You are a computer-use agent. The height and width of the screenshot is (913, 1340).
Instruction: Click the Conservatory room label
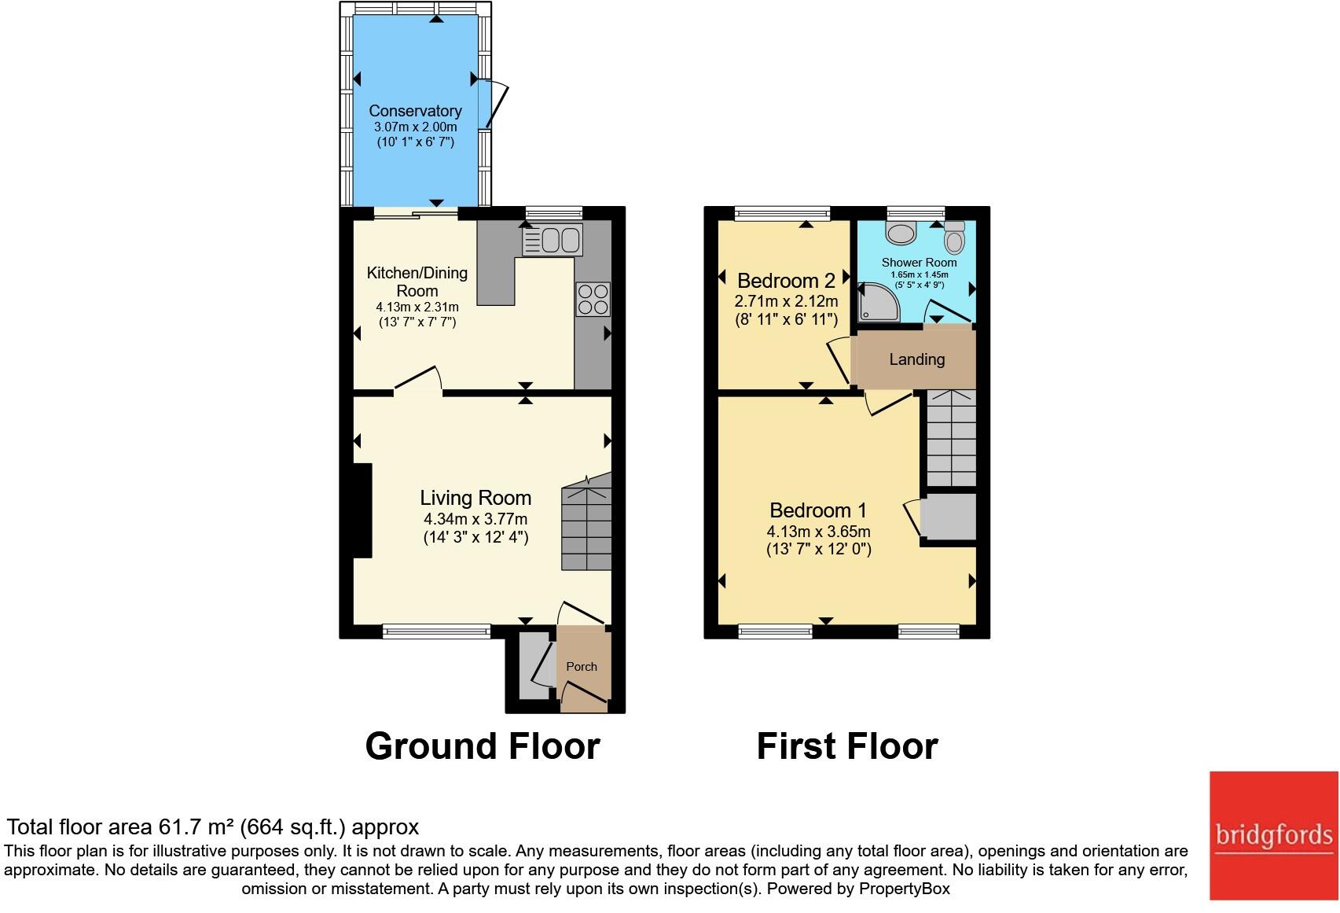click(415, 111)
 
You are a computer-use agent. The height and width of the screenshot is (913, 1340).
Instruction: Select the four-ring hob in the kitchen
click(593, 299)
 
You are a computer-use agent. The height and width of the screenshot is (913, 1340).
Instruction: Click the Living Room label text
click(475, 498)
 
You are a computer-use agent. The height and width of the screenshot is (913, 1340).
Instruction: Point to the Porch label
click(582, 666)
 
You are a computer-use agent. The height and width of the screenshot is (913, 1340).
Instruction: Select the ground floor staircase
click(586, 528)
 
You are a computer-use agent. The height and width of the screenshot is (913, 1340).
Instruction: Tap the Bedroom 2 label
click(786, 281)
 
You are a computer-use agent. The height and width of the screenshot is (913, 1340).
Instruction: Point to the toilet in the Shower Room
click(954, 238)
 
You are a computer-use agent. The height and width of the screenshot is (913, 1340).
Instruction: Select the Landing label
click(916, 359)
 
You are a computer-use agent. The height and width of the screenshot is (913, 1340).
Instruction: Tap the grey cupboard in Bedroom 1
click(948, 517)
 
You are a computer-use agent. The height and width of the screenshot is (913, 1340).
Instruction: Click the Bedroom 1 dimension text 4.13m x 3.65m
click(818, 532)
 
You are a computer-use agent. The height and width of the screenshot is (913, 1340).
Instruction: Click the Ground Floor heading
click(483, 745)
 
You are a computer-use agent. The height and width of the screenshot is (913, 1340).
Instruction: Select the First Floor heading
click(846, 745)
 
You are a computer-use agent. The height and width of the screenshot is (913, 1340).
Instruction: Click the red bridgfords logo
click(1272, 834)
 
